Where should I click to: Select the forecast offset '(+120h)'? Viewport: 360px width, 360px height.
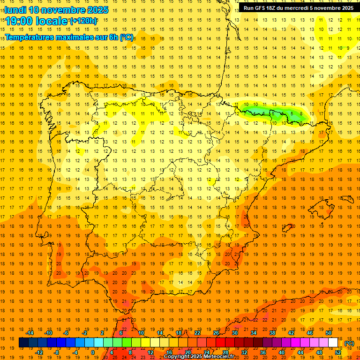point(83,21)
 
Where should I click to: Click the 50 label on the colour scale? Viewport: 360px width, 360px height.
point(329,333)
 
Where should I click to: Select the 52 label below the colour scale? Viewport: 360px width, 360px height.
point(338,352)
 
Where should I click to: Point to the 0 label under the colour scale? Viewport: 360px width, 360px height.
point(93,352)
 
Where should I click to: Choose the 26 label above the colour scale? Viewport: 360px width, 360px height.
point(216,333)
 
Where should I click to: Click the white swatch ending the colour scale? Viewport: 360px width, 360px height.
point(333,343)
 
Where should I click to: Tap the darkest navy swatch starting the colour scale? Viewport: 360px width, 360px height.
point(23,343)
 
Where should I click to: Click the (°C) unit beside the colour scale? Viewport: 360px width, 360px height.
point(349,343)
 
